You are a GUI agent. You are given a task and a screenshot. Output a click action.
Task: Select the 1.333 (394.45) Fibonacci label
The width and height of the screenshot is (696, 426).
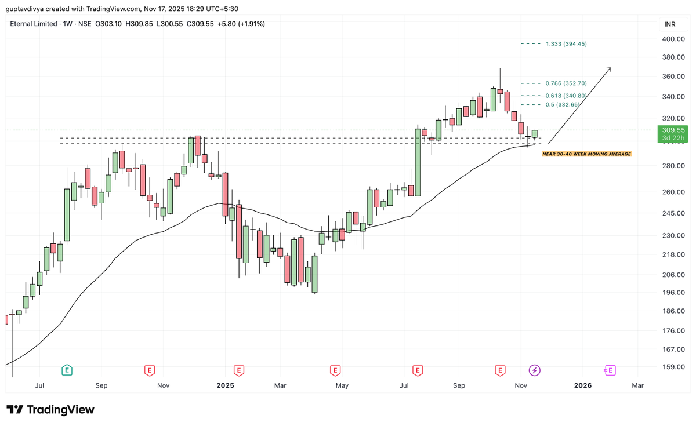[x=566, y=44]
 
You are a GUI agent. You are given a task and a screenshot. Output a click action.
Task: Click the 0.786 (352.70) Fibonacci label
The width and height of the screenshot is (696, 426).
[x=566, y=83]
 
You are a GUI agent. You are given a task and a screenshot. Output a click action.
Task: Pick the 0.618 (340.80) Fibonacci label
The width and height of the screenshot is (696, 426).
[x=566, y=96]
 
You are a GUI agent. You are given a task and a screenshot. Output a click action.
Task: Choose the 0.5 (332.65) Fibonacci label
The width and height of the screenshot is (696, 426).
[x=562, y=104]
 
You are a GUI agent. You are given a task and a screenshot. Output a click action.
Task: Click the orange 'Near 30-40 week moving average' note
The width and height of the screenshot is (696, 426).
[x=586, y=154]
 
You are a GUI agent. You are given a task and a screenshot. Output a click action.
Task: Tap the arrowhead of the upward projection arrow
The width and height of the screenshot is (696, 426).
[x=609, y=69]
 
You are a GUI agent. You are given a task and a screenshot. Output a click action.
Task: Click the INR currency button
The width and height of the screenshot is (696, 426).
[x=670, y=24]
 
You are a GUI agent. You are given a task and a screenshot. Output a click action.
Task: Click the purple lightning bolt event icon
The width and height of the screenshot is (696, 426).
[x=534, y=370]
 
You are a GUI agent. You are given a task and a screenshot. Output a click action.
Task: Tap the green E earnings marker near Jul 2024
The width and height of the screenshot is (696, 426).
[x=67, y=370]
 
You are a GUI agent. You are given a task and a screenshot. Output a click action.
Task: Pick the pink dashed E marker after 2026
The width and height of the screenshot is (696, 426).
[x=610, y=370]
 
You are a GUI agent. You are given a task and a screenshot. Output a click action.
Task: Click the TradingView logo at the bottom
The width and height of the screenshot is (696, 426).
[x=50, y=410]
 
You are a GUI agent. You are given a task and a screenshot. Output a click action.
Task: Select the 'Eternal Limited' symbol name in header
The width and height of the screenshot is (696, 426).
[x=34, y=24]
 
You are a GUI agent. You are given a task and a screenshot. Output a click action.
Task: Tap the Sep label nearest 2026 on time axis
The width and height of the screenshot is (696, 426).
[x=459, y=385]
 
